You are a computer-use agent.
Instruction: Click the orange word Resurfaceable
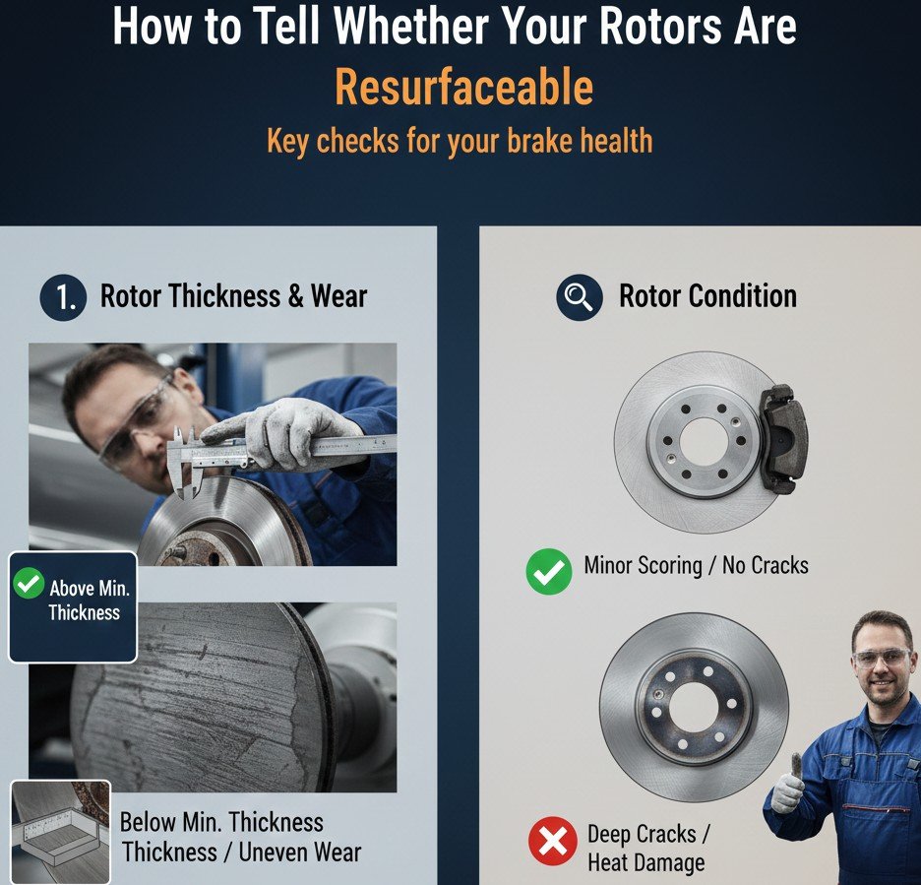463,89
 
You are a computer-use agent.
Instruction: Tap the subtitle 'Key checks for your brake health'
460,141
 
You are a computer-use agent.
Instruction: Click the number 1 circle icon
63,297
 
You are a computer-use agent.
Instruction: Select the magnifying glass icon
579,297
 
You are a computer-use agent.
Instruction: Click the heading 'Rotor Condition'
707,296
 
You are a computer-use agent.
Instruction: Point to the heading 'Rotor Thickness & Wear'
234,296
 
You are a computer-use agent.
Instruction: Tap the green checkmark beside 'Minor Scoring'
548,571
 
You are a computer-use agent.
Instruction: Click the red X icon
553,843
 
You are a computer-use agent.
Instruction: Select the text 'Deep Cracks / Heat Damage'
646,849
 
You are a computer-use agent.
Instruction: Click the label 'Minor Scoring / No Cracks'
696,566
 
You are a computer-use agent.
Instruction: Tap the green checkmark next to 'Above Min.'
29,584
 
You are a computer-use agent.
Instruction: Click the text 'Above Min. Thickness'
88,601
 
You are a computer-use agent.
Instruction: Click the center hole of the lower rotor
693,707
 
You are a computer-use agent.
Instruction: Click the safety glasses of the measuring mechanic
138,425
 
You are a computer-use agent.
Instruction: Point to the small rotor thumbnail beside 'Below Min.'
60,831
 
